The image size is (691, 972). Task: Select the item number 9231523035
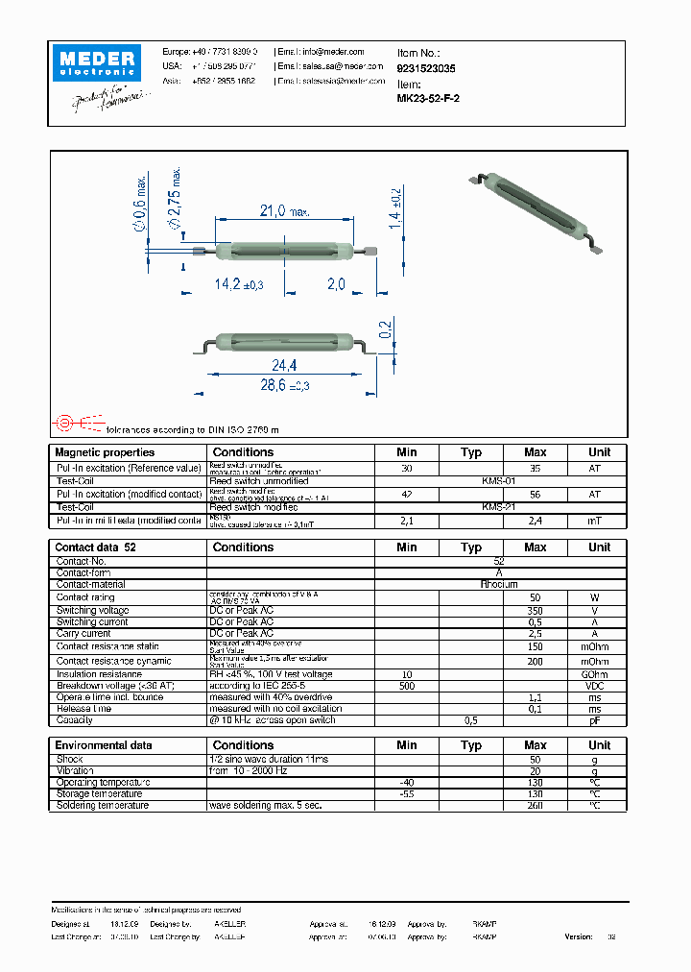click(426, 69)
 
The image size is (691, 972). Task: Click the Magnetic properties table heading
click(105, 452)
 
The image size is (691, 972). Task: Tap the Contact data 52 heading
click(96, 547)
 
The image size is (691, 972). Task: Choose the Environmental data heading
click(104, 745)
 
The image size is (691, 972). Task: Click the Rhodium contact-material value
click(499, 584)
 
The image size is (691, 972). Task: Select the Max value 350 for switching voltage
click(535, 610)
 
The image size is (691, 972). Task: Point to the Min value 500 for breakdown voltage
click(406, 686)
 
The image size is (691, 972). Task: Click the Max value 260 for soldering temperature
click(535, 805)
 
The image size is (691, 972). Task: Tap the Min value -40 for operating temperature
click(406, 783)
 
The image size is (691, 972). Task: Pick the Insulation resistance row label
click(99, 674)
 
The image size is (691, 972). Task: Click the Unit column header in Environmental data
click(599, 745)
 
